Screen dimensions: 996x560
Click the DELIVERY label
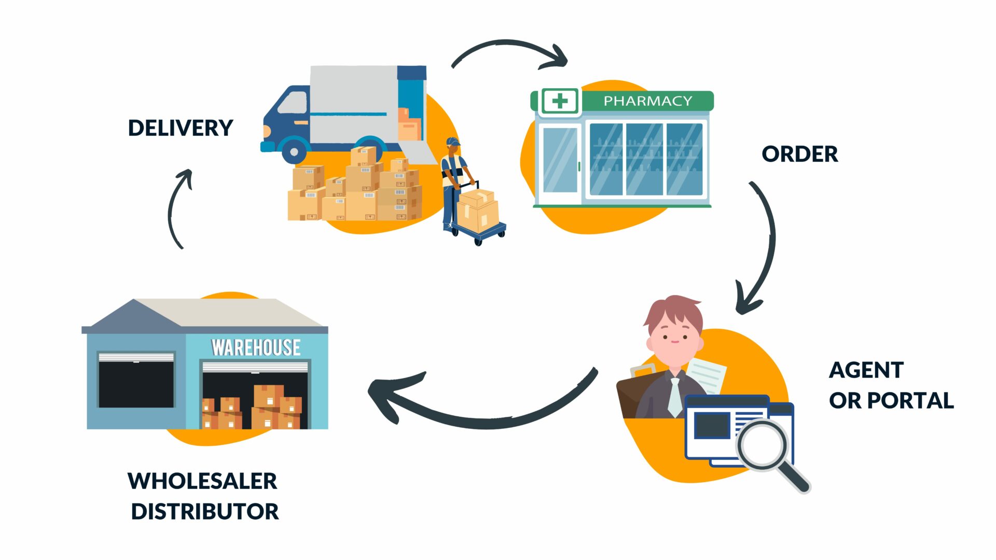[181, 128]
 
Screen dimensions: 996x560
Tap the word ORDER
[799, 154]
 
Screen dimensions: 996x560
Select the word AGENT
[866, 370]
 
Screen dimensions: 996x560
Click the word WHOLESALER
[202, 481]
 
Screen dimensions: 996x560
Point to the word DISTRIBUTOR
[205, 512]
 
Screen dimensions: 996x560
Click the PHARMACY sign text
[648, 101]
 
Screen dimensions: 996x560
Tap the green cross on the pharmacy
[560, 101]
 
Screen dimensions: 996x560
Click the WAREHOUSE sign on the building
[256, 347]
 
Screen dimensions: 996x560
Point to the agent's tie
[674, 397]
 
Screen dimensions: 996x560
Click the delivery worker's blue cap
[452, 142]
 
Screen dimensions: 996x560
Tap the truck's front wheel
[294, 152]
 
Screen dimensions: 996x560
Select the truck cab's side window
[293, 103]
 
